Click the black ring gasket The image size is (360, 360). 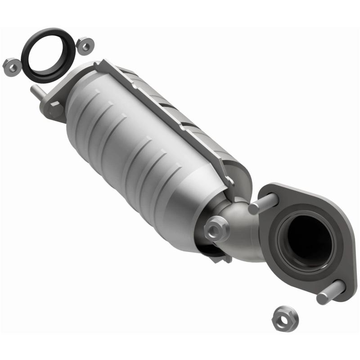(x=27, y=63)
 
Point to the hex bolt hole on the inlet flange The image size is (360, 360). (x=54, y=108)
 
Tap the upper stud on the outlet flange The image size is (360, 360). (x=263, y=204)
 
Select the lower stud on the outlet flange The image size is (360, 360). (x=331, y=292)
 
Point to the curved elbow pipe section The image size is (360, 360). (x=245, y=234)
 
